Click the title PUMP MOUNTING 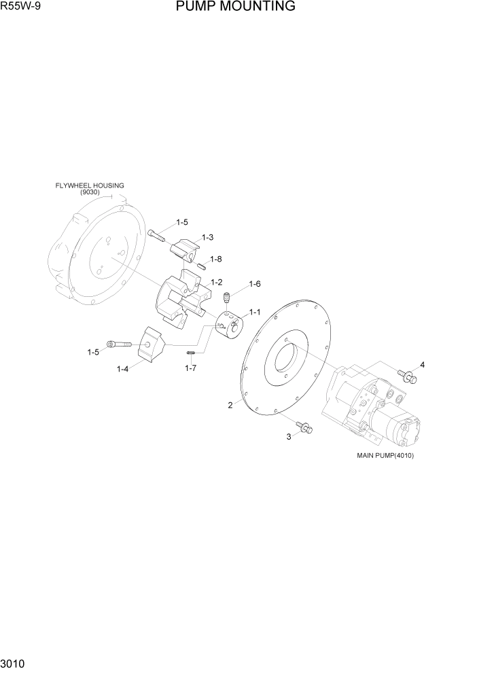(x=235, y=7)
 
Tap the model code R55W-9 (x=22, y=7)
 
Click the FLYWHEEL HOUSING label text (x=90, y=185)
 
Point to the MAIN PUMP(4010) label (x=385, y=456)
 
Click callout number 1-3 (x=207, y=237)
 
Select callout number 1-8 (x=216, y=259)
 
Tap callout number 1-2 (x=217, y=282)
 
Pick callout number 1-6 (x=255, y=284)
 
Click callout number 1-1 (x=255, y=312)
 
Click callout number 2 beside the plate (x=230, y=405)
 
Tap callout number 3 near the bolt (x=288, y=437)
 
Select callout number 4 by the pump (x=422, y=365)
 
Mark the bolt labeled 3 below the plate (x=305, y=427)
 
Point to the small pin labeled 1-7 (x=192, y=352)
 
